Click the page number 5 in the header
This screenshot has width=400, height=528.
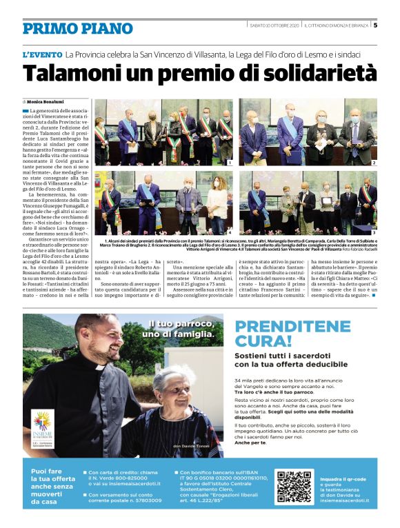point(375,26)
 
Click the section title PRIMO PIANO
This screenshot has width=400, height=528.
point(77,28)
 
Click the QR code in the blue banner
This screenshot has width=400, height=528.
point(293,487)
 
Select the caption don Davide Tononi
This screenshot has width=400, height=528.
point(191,447)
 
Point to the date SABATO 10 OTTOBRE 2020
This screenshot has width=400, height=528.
point(273,26)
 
